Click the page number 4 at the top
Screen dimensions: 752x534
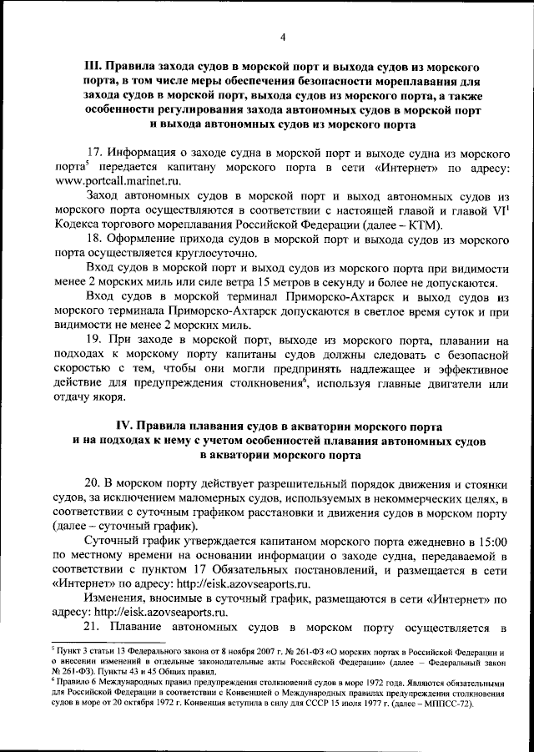coord(282,36)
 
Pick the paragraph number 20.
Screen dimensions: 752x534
coord(95,484)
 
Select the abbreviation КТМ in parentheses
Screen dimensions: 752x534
coord(424,225)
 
